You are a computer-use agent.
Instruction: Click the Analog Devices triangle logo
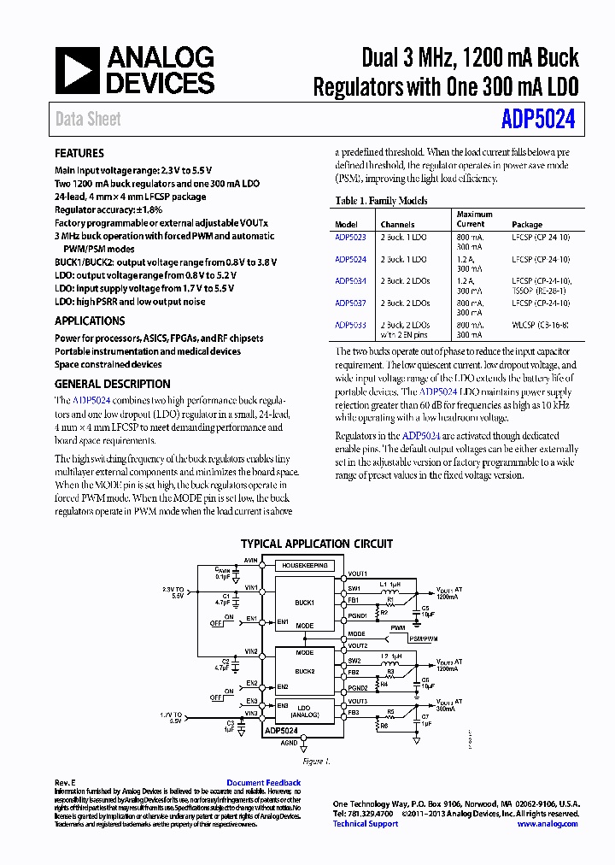pos(78,71)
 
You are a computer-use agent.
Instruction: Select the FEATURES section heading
pos(79,154)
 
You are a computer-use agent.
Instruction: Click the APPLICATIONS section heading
pos(90,321)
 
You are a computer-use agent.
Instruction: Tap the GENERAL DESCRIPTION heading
pos(113,385)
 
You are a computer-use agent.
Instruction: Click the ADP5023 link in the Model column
pos(350,237)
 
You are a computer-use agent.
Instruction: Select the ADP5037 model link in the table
pos(350,303)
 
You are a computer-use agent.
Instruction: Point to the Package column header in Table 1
pos(527,224)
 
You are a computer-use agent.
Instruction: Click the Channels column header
pos(397,224)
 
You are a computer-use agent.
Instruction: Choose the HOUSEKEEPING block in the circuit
pos(306,566)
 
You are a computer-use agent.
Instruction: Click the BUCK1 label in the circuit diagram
pos(305,603)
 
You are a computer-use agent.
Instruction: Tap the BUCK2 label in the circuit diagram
pos(305,671)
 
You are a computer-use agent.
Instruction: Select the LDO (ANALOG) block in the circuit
pos(305,710)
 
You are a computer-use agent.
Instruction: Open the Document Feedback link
pos(263,783)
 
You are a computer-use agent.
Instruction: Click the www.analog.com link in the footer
pos(548,824)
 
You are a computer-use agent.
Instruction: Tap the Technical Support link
pos(366,824)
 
